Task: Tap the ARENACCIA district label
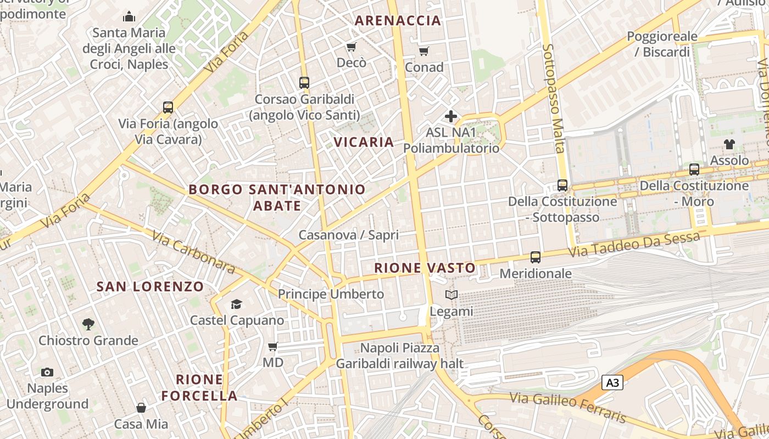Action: click(x=398, y=21)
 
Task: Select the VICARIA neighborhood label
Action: click(x=364, y=142)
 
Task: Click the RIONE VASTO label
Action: click(x=425, y=268)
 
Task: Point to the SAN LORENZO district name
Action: click(x=150, y=286)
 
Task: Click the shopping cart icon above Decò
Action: click(x=351, y=47)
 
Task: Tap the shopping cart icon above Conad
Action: click(x=423, y=51)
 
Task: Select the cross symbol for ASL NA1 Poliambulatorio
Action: click(x=451, y=116)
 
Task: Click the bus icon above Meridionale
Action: click(x=535, y=257)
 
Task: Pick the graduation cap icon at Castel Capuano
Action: click(x=236, y=304)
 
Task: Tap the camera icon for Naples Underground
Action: click(x=47, y=372)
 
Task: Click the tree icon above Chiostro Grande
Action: click(x=88, y=324)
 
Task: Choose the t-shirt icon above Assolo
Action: click(x=729, y=144)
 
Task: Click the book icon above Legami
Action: click(x=451, y=295)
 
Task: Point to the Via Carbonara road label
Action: click(x=194, y=252)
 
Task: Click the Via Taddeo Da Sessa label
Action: click(x=634, y=245)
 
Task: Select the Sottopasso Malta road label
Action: click(x=554, y=99)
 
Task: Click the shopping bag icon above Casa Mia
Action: click(x=141, y=408)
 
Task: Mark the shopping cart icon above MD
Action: click(x=272, y=346)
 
